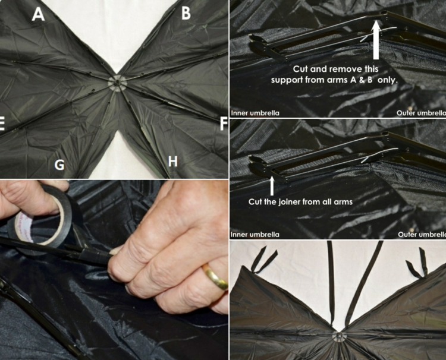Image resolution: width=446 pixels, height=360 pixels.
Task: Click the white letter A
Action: coord(38,14)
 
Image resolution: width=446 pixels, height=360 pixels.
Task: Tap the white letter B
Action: coord(186,13)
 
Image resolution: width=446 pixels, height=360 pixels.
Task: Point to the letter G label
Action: coord(59,165)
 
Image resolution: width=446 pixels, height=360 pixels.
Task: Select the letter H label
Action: coord(172,162)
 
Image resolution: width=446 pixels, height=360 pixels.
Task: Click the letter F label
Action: coord(224,124)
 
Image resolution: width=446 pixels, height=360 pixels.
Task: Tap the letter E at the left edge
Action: coord(2,124)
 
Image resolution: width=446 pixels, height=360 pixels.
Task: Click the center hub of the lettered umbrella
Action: coord(117,83)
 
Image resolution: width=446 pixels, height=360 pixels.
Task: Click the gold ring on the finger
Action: coord(215,276)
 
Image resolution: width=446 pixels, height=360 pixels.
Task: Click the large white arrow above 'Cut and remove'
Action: coord(376,39)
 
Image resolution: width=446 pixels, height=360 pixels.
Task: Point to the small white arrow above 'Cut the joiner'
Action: coord(272,186)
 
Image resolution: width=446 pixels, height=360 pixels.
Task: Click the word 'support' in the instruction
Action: coord(287,80)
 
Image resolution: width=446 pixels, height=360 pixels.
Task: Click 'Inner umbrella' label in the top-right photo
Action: coord(255,113)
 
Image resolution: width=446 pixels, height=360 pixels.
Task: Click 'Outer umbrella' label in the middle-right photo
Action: coord(422,235)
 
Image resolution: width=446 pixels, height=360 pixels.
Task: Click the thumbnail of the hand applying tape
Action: coord(114,270)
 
